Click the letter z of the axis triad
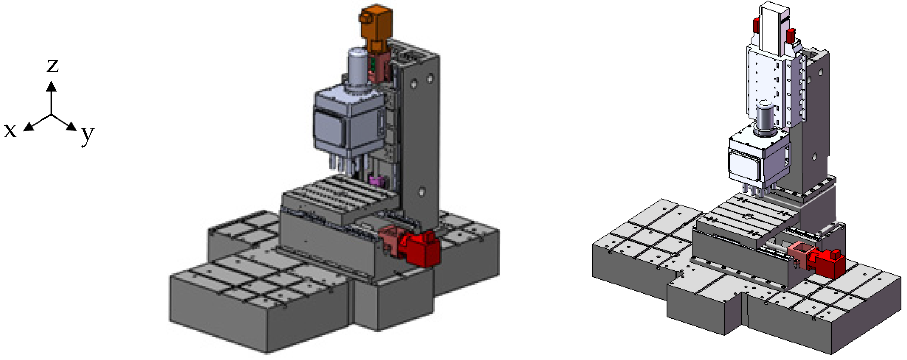coord(52,66)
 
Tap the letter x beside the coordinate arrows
coord(10,130)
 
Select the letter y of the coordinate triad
coord(87,134)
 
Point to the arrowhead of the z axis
coord(51,86)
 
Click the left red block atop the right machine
coord(756,24)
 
